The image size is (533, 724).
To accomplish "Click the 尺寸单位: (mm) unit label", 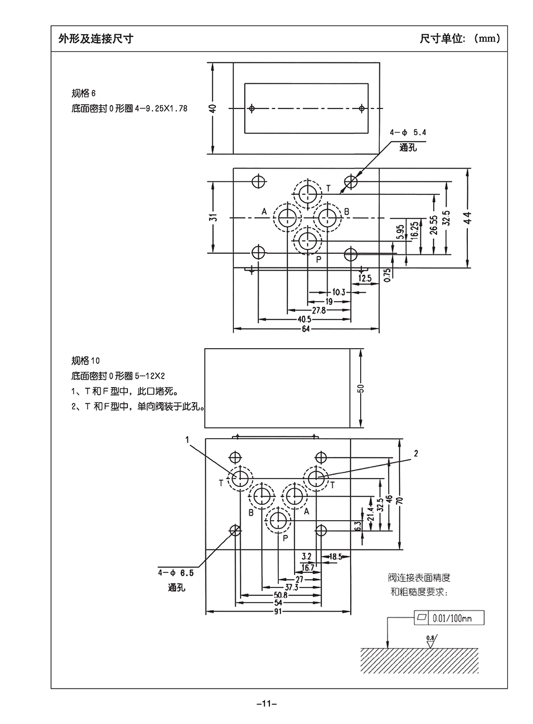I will pos(460,39).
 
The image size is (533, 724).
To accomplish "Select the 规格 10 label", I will pos(86,361).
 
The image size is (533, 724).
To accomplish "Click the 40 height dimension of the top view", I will pos(213,107).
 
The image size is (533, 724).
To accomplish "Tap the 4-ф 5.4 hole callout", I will pos(408,133).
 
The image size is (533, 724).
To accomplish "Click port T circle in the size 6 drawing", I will pos(307,195).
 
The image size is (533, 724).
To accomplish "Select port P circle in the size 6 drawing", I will pos(307,241).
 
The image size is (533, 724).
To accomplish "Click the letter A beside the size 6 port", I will pos(264,212).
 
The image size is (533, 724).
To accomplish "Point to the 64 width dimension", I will pos(305,329).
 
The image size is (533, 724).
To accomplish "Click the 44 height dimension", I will pos(467,217).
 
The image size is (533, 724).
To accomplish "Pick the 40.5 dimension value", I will pos(305,320).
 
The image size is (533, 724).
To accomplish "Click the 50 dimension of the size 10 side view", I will pos(361,388).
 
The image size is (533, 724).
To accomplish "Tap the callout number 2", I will pos(416,453).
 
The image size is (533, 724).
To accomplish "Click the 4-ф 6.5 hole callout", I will pos(176,573).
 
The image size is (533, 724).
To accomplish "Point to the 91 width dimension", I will pos(278,612).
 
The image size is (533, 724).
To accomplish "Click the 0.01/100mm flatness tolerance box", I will pos(448,618).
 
